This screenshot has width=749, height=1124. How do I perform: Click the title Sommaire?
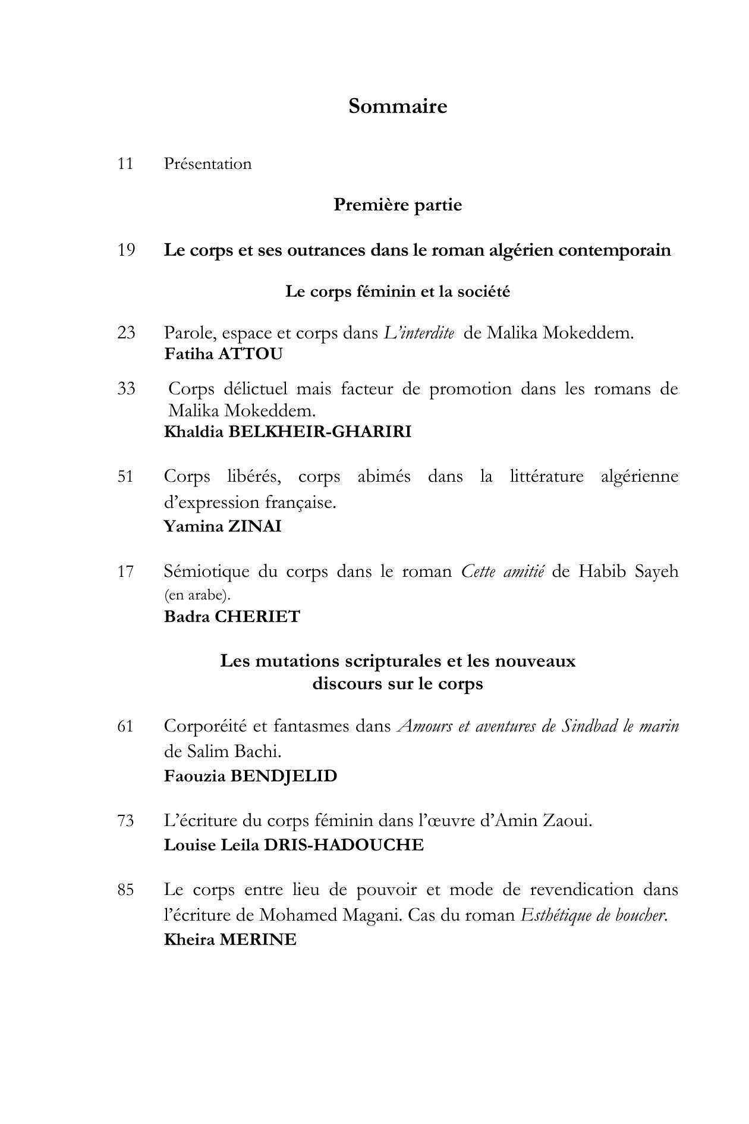pyautogui.click(x=398, y=106)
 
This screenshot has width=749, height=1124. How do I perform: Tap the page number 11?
pyautogui.click(x=125, y=164)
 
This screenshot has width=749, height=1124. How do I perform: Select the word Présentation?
pyautogui.click(x=207, y=164)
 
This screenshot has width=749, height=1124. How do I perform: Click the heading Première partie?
pyautogui.click(x=398, y=205)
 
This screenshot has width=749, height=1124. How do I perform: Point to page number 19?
pyautogui.click(x=126, y=250)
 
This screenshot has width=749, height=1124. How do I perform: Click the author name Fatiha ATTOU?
pyautogui.click(x=223, y=354)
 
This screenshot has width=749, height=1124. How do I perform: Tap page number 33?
pyautogui.click(x=126, y=389)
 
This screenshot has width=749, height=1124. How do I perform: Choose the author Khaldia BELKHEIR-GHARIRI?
pyautogui.click(x=287, y=432)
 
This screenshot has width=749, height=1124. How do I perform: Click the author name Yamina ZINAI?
pyautogui.click(x=222, y=526)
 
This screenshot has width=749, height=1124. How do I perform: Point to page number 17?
pyautogui.click(x=125, y=572)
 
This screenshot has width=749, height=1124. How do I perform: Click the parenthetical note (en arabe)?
pyautogui.click(x=197, y=595)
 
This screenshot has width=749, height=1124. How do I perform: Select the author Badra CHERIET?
pyautogui.click(x=232, y=617)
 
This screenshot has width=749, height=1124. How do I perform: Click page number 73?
pyautogui.click(x=125, y=821)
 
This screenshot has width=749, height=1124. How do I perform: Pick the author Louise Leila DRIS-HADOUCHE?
pyautogui.click(x=294, y=845)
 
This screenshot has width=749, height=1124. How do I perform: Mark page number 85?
pyautogui.click(x=125, y=890)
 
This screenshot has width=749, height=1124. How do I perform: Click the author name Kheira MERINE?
pyautogui.click(x=229, y=940)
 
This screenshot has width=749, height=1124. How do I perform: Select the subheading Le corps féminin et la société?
pyautogui.click(x=398, y=292)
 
